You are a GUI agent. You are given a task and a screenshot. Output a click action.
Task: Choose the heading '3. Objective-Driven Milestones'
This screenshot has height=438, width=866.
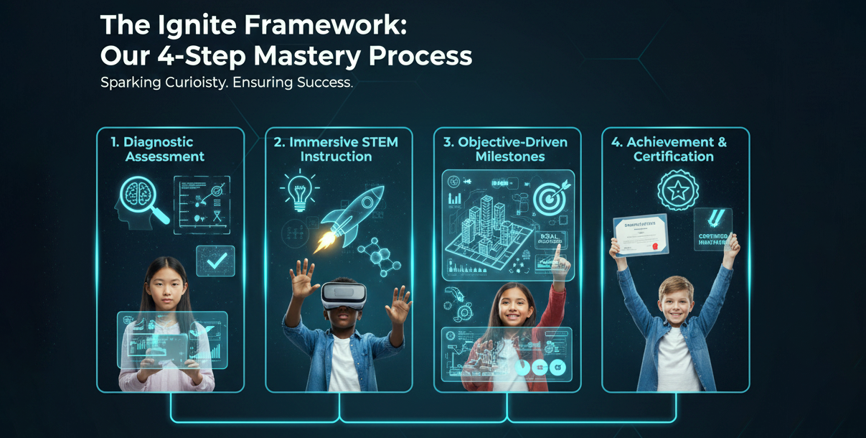[x=505, y=149]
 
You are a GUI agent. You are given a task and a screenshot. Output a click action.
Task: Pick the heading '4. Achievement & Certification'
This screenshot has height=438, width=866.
[x=673, y=149]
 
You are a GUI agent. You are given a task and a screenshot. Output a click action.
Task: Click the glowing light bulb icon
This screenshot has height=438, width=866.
[x=298, y=190]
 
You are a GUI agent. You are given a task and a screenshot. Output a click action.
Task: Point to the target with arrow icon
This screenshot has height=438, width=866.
[x=550, y=197]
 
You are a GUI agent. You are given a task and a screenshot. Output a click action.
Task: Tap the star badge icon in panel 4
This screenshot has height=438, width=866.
[x=677, y=190]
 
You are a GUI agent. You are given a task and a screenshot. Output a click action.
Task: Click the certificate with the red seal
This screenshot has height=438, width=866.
[x=641, y=235]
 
